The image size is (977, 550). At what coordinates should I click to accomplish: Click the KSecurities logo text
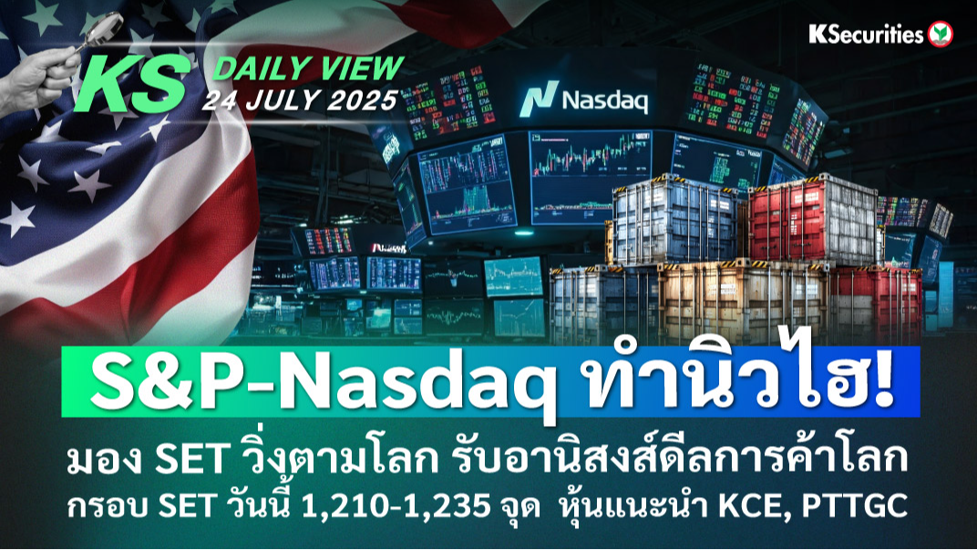(x=866, y=35)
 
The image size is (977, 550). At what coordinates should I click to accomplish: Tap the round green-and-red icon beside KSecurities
(x=941, y=35)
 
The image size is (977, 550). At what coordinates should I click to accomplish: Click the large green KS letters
(x=132, y=85)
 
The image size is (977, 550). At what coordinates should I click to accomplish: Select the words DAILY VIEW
(x=308, y=69)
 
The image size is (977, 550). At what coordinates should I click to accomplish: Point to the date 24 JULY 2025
(x=300, y=99)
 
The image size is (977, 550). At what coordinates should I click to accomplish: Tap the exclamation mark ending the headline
(x=880, y=381)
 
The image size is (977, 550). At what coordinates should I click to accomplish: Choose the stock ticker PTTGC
(x=854, y=506)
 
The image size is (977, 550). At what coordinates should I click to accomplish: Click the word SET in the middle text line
(x=190, y=461)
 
